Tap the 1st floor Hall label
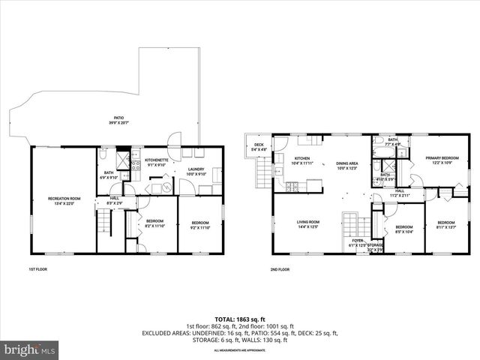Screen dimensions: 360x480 click(114, 200)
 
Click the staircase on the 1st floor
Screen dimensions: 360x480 click(104, 222)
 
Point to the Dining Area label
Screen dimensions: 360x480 click(346, 166)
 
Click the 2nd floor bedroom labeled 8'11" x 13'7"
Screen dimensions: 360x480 click(446, 224)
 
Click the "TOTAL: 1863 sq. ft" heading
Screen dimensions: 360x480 click(241, 319)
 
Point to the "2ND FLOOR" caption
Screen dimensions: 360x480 click(279, 268)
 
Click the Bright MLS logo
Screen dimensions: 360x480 click(30, 349)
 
